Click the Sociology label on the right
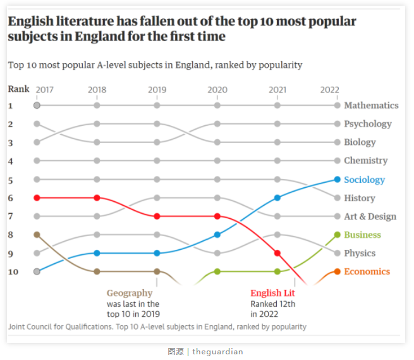[364, 180]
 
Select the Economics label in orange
[367, 271]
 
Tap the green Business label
[362, 235]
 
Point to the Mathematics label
[371, 105]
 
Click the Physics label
[360, 253]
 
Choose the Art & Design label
[370, 216]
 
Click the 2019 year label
[157, 90]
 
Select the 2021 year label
[277, 90]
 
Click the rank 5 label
[11, 180]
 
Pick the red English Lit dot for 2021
[277, 253]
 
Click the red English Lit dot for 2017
[37, 198]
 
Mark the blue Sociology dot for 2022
[338, 180]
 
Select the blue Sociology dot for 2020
[217, 235]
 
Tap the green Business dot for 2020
[217, 271]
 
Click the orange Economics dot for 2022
[338, 271]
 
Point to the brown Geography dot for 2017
[37, 235]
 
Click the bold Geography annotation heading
[130, 293]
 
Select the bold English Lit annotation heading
[272, 293]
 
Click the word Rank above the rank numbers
[18, 89]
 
